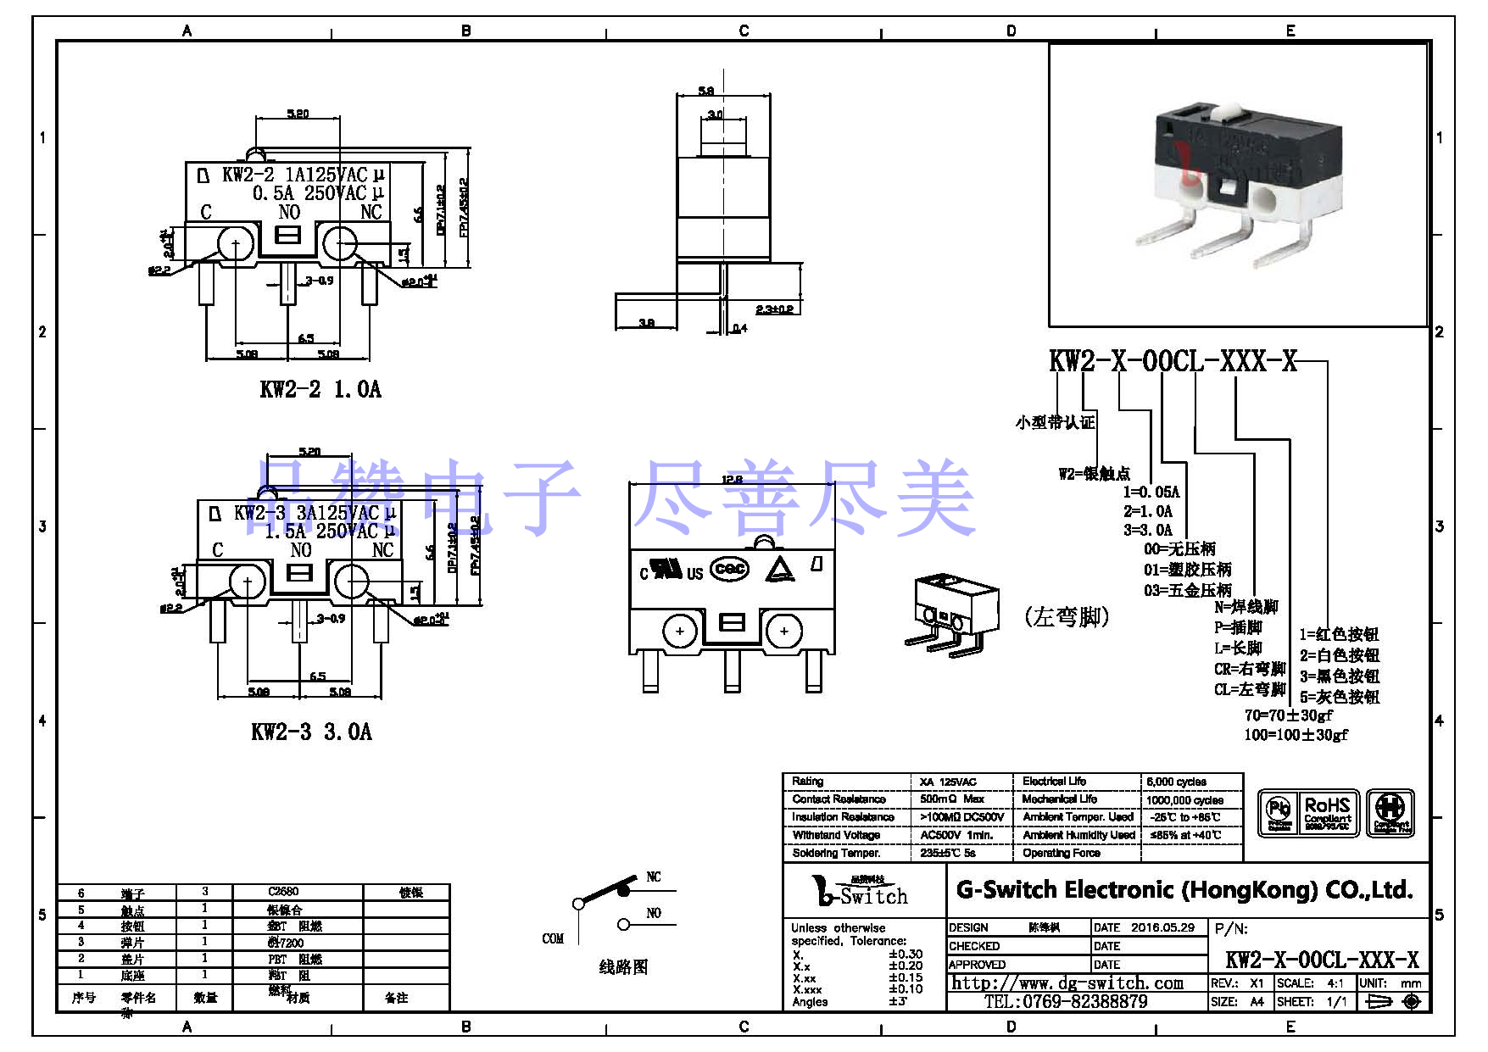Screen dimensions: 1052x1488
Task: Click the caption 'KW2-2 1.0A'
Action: (320, 389)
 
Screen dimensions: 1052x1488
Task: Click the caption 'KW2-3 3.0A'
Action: (311, 732)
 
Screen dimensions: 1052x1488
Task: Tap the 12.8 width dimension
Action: (732, 480)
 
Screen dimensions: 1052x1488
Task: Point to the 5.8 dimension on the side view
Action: (705, 91)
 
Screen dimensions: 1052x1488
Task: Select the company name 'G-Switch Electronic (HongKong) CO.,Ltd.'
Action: (1184, 890)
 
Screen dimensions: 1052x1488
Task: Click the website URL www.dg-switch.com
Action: (1067, 983)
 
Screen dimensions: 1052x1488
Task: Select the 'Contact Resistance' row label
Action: (839, 799)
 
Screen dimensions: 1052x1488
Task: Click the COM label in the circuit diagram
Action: (553, 938)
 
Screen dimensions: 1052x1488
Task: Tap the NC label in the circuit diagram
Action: (654, 877)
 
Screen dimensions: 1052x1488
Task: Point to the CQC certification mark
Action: (729, 569)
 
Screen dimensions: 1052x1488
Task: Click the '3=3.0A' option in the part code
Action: (1148, 530)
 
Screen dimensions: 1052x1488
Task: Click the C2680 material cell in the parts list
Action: (283, 892)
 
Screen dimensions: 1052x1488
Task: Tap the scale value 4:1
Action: (1335, 983)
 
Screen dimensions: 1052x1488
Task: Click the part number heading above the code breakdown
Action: (1173, 361)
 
